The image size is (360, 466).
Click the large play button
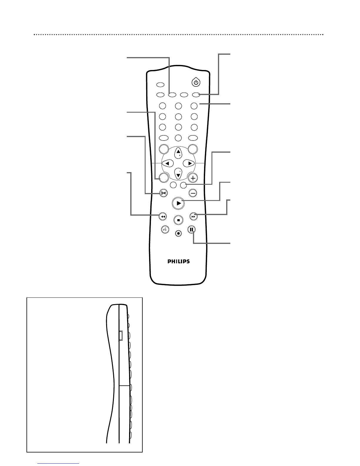[178, 203]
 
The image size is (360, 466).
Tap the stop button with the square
[178, 220]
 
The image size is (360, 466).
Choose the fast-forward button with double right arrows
[193, 217]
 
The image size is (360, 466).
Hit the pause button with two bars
[191, 229]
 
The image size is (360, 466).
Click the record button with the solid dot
[178, 233]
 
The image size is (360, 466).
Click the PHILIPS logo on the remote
[179, 261]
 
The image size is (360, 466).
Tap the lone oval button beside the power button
[160, 85]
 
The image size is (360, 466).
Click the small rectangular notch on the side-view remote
[121, 336]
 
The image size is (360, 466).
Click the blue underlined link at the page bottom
[59, 463]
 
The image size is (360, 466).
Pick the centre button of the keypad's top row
[178, 106]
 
